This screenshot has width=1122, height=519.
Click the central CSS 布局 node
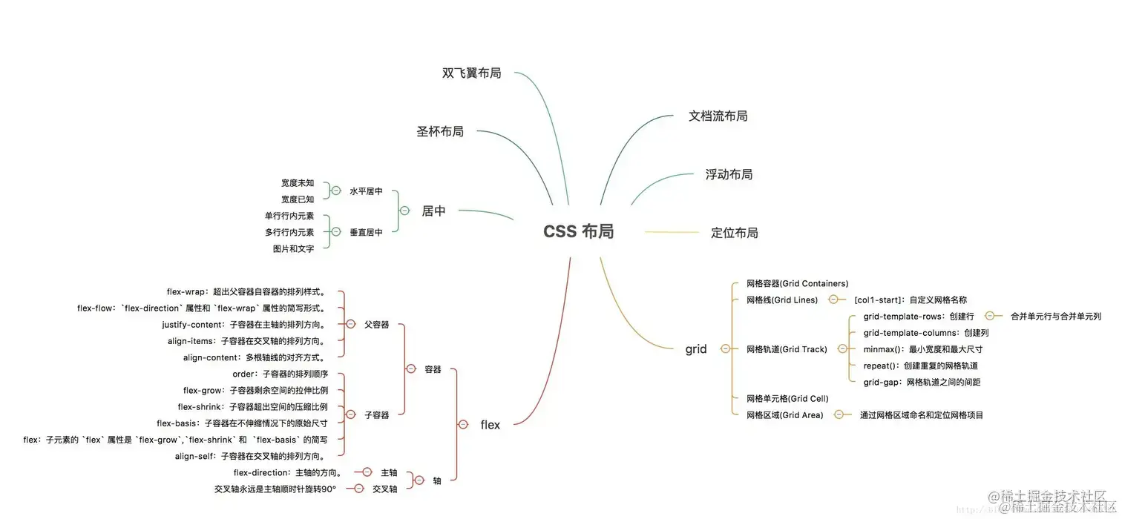click(x=578, y=231)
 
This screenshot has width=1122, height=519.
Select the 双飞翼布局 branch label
click(x=471, y=73)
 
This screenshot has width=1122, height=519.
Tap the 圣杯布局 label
click(x=440, y=131)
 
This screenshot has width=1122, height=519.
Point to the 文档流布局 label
click(x=718, y=116)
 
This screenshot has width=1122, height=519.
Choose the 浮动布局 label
click(x=729, y=174)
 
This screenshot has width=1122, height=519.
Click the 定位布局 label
click(x=734, y=233)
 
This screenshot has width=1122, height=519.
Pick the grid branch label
click(x=696, y=349)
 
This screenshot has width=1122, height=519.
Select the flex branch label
click(x=490, y=425)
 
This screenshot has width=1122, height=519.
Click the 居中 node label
click(x=434, y=211)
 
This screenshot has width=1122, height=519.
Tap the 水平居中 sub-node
click(x=366, y=191)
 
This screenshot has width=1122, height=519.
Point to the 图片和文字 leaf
click(x=293, y=248)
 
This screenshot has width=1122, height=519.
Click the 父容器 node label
click(x=376, y=325)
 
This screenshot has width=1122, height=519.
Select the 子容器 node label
click(x=376, y=415)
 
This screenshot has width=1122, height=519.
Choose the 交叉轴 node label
click(x=384, y=489)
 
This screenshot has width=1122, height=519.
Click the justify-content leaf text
click(x=244, y=325)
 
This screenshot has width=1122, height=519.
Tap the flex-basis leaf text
click(x=242, y=423)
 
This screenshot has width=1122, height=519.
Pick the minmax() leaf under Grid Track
click(x=923, y=349)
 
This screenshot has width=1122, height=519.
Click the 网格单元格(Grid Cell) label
click(x=787, y=399)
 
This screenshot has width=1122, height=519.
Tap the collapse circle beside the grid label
click(x=725, y=349)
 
